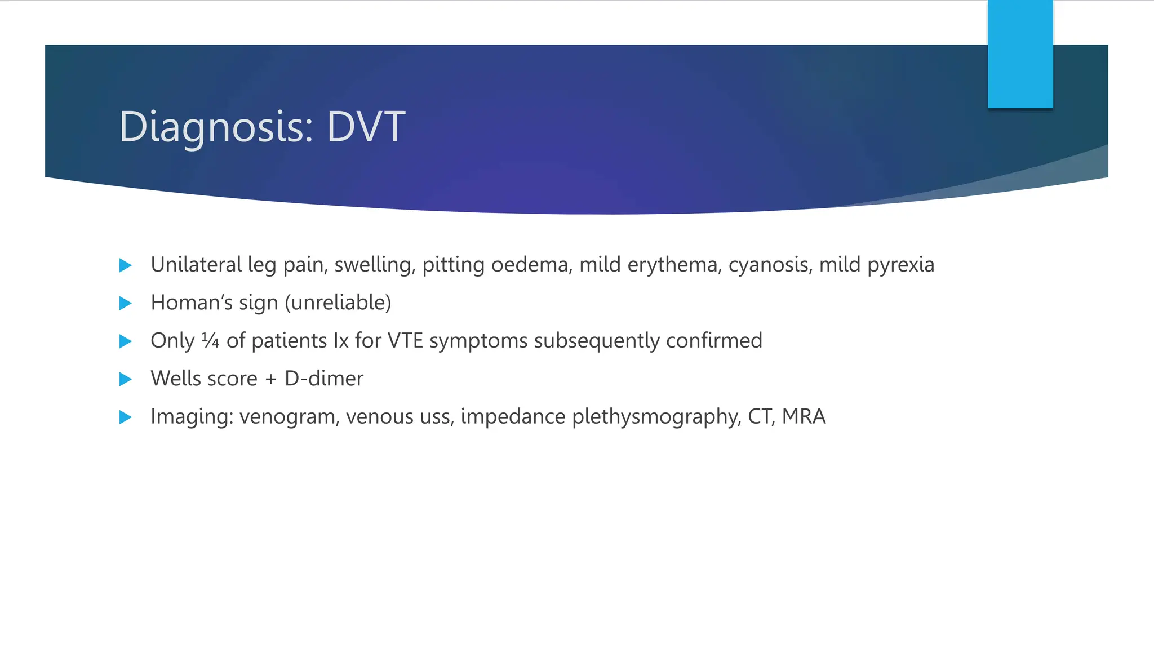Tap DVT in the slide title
[366, 126]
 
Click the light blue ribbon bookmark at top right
[1020, 54]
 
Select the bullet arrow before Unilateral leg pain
[126, 265]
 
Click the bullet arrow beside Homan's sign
[126, 304]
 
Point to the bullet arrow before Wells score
[126, 379]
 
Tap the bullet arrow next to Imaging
[126, 417]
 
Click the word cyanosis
[770, 265]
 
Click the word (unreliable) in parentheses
[338, 303]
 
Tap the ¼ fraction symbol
[210, 340]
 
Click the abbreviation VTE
[405, 341]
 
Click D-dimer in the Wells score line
[324, 379]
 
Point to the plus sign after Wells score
[271, 379]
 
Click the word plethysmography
[656, 417]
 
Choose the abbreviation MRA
[804, 416]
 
